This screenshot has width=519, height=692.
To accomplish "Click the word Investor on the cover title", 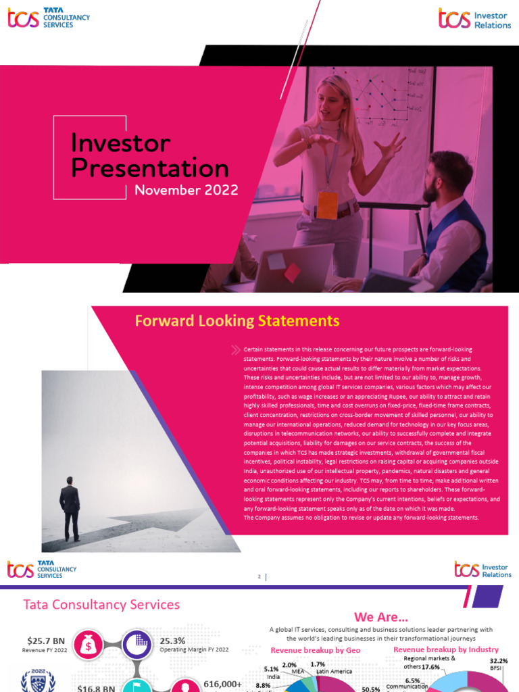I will (120, 143).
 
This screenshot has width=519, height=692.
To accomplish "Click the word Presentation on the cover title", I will (149, 168).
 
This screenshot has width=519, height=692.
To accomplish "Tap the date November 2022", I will (186, 190).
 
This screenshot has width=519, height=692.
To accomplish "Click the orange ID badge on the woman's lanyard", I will (327, 205).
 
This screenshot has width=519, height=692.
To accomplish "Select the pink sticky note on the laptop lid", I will (292, 272).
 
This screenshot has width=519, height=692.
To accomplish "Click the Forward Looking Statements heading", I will (237, 320).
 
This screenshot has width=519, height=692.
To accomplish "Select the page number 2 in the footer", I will (259, 576).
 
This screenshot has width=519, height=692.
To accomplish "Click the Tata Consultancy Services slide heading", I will (101, 604).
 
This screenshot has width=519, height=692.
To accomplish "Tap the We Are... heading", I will (381, 617).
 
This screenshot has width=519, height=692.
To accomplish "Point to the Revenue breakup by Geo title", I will (316, 650).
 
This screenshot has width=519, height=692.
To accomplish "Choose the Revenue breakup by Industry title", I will (446, 650).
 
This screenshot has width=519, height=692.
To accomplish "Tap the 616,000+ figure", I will (222, 684).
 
